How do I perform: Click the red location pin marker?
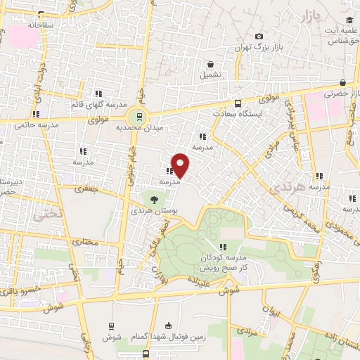(x=181, y=165)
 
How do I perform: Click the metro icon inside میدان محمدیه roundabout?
(x=139, y=117)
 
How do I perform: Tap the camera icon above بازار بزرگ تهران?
(x=259, y=37)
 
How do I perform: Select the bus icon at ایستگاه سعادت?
(x=237, y=102)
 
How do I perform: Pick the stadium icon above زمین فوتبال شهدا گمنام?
(x=167, y=326)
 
